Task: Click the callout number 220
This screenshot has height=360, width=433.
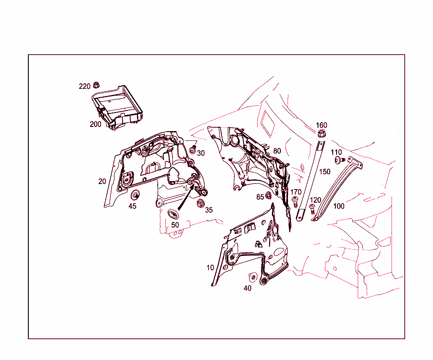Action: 85,86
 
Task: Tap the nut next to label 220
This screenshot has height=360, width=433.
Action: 96,84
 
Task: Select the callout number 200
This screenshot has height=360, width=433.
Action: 95,124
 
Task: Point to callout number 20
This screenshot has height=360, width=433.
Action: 102,181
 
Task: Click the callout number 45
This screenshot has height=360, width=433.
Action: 132,206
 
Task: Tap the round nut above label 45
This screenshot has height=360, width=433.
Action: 136,195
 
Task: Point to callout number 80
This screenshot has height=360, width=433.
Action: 277,151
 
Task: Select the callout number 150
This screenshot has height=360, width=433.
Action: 325,172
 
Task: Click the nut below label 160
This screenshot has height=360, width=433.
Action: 321,135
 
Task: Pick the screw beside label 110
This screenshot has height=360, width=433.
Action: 339,160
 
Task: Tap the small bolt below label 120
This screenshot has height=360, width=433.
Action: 312,208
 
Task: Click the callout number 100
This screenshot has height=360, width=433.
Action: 339,206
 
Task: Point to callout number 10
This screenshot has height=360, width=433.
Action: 210,268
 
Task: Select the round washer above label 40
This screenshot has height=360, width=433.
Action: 253,277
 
